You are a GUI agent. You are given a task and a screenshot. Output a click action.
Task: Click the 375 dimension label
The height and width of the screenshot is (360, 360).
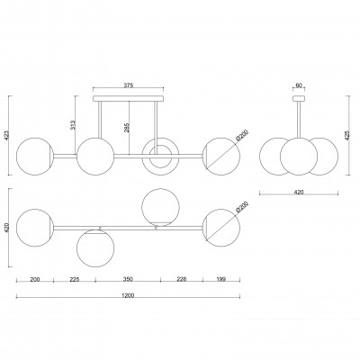pos(129,85)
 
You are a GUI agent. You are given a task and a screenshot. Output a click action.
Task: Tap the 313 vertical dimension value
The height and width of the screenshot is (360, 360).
pos(73,125)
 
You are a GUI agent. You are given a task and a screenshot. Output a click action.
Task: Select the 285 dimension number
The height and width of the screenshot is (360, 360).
pos(126,128)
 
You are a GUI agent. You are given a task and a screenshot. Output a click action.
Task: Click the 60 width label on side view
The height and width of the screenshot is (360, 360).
pos(299,85)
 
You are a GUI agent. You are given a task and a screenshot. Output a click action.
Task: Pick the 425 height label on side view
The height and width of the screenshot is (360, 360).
pos(347,136)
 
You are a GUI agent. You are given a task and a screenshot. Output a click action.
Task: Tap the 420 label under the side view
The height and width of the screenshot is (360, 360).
pos(299,192)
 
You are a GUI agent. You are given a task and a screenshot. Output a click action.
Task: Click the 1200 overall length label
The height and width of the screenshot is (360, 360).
pos(128,295)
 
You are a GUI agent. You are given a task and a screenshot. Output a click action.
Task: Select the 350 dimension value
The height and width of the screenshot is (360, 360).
pos(128,279)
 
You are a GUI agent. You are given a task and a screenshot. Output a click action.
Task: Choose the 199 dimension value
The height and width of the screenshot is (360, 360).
pos(221,279)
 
